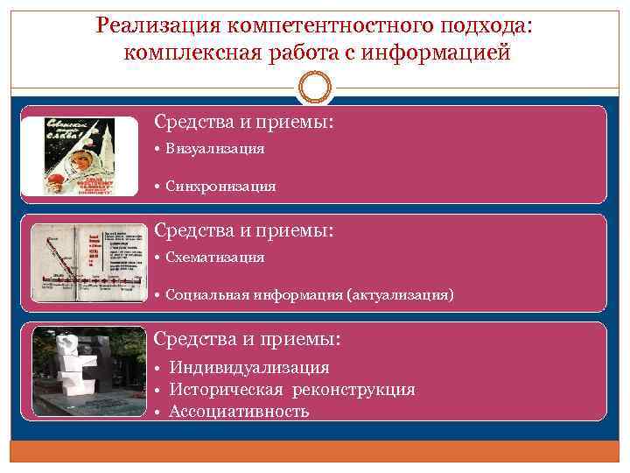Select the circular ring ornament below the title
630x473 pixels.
point(314,89)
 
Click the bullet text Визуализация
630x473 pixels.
point(217,149)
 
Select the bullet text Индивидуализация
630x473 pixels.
point(249,368)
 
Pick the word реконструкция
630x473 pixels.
point(357,390)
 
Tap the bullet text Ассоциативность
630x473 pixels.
point(239,411)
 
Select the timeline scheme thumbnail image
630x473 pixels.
point(87,264)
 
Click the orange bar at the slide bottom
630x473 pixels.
point(314,451)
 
